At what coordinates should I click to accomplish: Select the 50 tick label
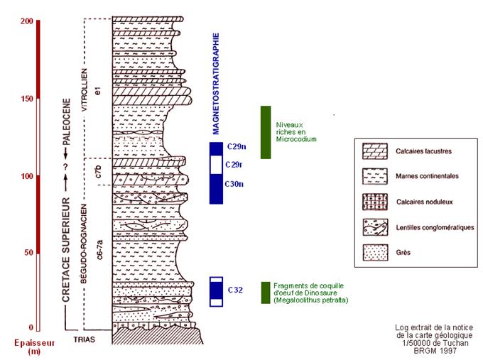point(28,252)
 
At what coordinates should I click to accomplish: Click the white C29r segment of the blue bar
point(216,165)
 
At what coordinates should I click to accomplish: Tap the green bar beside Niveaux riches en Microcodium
point(266,132)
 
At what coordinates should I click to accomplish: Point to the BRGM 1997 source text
point(434,351)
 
